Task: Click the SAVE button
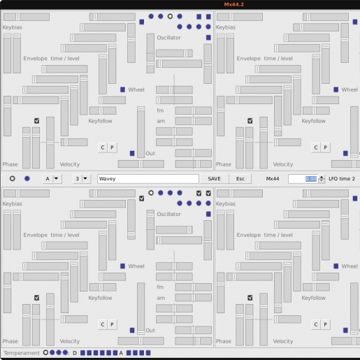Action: point(214,179)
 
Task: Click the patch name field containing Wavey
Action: point(148,179)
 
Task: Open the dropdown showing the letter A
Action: point(52,179)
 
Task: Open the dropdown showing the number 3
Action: point(81,179)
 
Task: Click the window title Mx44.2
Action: point(233,4)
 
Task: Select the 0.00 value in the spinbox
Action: point(311,179)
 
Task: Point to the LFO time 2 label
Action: point(342,179)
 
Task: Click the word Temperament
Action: point(22,353)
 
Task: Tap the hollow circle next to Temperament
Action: point(45,352)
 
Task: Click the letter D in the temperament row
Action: point(75,353)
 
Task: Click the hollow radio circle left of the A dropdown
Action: point(13,178)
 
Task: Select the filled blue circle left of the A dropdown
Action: point(27,178)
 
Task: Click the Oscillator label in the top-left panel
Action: point(168,38)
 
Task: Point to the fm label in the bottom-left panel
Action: point(160,287)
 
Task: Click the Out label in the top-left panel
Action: point(150,153)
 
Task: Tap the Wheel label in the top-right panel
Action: point(350,89)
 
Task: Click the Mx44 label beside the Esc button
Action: point(273,179)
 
